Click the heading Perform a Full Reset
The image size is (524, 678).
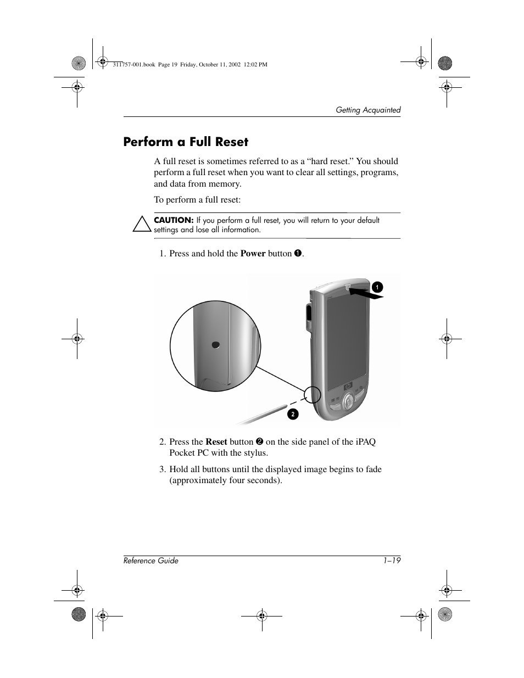186,142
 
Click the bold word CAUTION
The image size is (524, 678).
174,220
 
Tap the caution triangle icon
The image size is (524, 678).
142,225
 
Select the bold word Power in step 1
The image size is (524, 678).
253,254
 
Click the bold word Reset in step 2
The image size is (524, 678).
216,442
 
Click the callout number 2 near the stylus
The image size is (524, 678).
293,414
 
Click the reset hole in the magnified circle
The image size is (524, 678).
216,345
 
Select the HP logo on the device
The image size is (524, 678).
348,387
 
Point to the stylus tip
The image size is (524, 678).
285,407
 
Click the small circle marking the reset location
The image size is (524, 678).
312,394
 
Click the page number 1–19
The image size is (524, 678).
392,561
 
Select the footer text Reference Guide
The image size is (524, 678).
151,561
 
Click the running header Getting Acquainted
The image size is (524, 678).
368,110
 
